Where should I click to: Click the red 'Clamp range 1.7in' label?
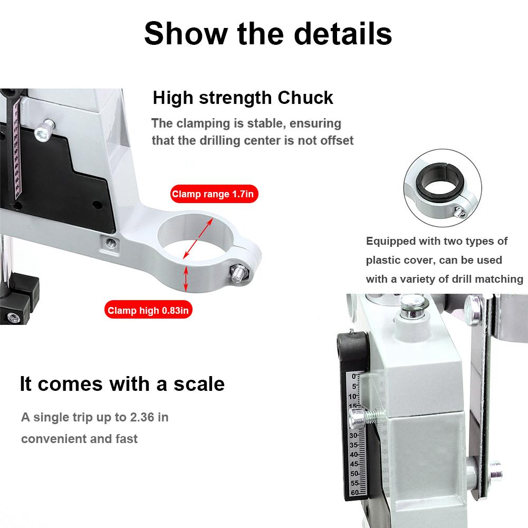point(214,194)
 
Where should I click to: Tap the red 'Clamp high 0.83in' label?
point(148,310)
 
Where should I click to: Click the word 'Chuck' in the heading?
point(305,98)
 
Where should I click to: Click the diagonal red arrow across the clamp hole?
point(198,238)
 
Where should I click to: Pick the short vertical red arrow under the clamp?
point(186,278)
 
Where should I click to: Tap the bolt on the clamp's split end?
point(239,272)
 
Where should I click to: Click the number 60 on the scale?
point(355,493)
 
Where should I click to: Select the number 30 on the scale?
point(353,435)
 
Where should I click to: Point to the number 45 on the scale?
point(354,464)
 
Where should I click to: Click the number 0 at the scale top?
point(353,377)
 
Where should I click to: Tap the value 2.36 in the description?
point(142,417)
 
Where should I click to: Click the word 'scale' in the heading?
point(199,384)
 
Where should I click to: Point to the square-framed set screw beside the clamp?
point(110,243)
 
